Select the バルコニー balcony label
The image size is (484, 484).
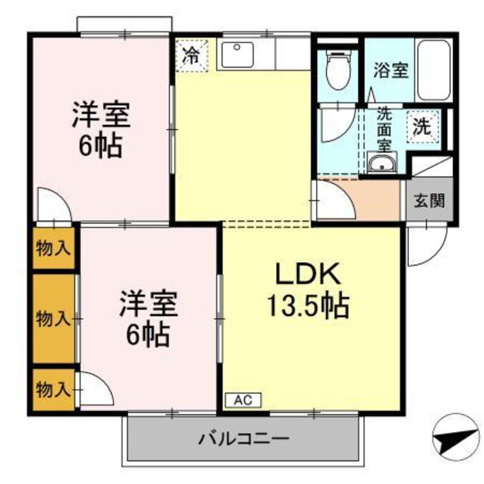point(244,439)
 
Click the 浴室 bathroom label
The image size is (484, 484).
point(391,71)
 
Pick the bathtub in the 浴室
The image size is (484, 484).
point(434,70)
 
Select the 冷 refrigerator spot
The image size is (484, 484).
point(191,56)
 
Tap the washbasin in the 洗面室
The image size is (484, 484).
point(380,164)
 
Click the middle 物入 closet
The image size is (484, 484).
point(54,318)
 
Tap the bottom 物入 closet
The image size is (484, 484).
point(54,390)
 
